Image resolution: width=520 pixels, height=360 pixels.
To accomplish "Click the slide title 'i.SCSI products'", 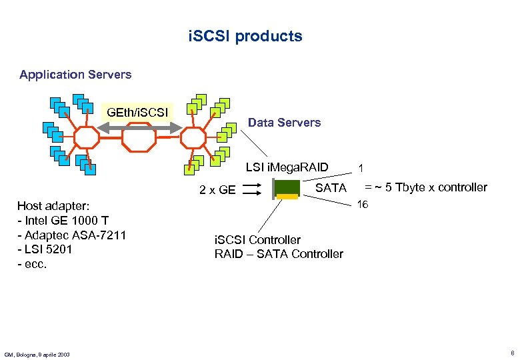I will coord(245,36).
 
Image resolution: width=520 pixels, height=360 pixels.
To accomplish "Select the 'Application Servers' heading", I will coord(75,75).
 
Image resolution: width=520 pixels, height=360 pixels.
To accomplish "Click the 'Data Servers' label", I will coord(284,123).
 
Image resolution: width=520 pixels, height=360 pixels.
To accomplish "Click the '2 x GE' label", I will coord(217,190).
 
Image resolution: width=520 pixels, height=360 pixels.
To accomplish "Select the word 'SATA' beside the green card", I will coord(331,188).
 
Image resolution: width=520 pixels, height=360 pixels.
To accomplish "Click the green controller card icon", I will coord(287,189).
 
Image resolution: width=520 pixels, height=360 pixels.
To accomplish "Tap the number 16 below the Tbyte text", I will coord(362,205).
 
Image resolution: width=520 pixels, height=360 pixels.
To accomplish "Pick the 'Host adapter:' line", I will coord(53,207).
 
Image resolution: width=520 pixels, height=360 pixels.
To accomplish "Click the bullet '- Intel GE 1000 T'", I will coord(63,221).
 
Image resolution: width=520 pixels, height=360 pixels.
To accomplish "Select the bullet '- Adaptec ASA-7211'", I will coord(71,235).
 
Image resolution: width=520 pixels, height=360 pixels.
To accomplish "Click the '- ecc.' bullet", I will coord(32,263).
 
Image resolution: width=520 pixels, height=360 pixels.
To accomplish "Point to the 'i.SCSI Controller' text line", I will coord(257,239).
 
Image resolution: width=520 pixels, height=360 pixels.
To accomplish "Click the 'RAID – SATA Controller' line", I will coord(279,253).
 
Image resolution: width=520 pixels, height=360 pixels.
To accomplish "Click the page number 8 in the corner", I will coord(511,353).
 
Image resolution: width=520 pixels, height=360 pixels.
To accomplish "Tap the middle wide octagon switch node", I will coord(139,138).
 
